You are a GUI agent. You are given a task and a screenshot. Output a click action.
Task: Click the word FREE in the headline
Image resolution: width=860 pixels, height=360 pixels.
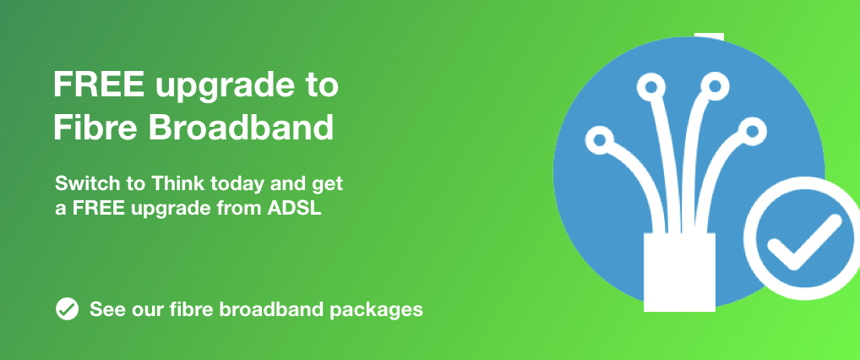pos(99,85)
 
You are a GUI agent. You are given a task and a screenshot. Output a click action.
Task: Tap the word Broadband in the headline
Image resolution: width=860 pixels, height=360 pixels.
pos(242,127)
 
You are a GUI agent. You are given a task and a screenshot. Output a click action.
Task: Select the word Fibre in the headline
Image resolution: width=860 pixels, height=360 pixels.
pos(97,127)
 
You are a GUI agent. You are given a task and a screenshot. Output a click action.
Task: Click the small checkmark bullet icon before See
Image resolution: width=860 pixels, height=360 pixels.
pos(67,309)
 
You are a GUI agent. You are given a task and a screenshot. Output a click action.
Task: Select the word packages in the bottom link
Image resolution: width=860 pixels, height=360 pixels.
pos(376,310)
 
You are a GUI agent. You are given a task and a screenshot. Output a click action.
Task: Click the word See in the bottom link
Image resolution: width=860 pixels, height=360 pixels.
pos(107,309)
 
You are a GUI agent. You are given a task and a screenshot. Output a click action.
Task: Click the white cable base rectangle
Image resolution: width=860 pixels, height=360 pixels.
pos(679,272)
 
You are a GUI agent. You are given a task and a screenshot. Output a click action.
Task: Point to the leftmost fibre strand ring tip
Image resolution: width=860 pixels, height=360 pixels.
pos(600,140)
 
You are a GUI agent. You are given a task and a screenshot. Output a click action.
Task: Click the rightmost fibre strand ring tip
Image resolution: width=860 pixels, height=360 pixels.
pos(752,131)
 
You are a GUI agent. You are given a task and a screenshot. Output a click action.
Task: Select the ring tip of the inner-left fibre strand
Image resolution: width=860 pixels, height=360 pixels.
pos(651,87)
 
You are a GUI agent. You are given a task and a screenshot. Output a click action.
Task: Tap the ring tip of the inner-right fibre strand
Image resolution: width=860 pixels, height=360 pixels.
pos(715,85)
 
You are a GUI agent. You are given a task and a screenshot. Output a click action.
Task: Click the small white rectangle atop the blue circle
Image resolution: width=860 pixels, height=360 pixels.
pos(709,37)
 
